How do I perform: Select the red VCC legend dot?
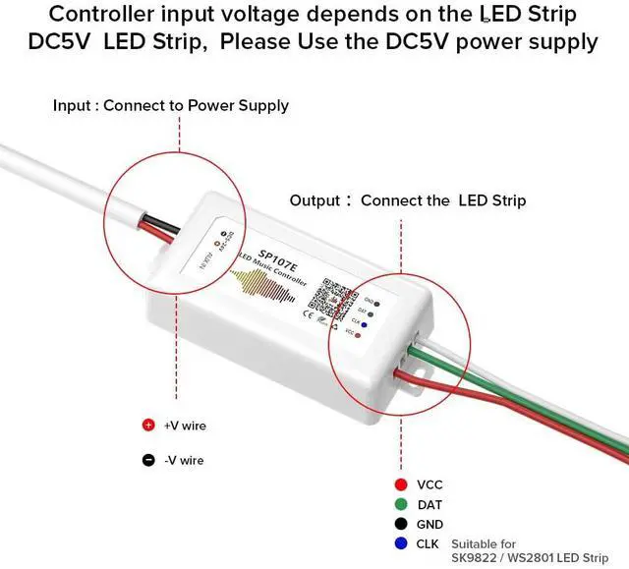[400, 484]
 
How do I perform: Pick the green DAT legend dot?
[400, 504]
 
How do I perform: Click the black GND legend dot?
[400, 525]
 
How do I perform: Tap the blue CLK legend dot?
[400, 543]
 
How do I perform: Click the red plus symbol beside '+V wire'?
[148, 426]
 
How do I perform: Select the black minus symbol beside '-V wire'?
[148, 460]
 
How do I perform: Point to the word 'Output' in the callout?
[314, 200]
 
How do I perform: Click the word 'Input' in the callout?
[71, 105]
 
